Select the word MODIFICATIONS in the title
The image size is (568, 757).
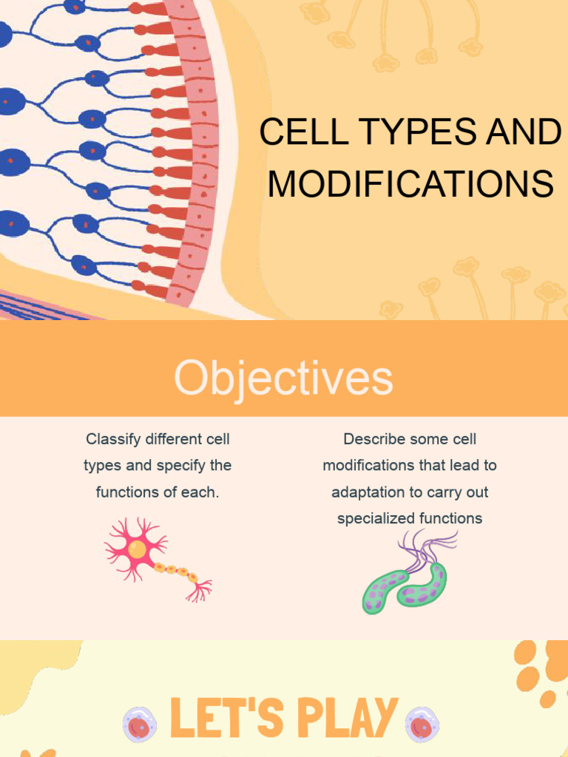point(410,184)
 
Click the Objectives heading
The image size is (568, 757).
point(283,378)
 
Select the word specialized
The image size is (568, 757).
point(376,519)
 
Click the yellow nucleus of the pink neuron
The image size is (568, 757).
point(137,549)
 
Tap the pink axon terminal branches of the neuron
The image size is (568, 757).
point(200,589)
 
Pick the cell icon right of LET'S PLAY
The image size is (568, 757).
point(422,724)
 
